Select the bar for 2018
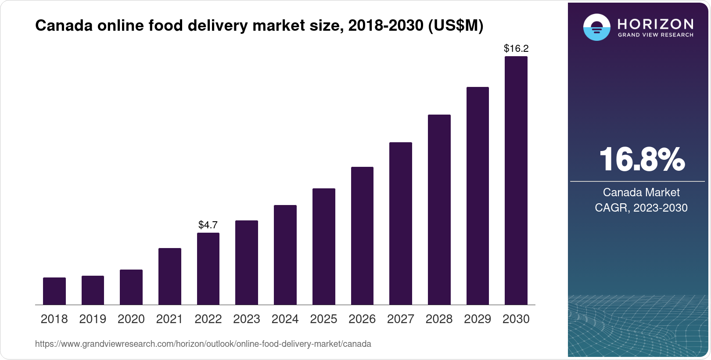click(54, 291)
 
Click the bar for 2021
click(170, 277)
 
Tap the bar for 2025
click(324, 247)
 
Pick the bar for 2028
click(439, 210)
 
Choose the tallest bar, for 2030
click(516, 180)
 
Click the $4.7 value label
click(208, 225)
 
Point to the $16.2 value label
click(516, 48)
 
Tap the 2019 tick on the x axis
click(93, 319)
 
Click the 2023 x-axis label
click(247, 319)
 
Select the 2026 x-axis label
click(362, 319)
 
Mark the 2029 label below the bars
click(478, 319)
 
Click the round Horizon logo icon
click(596, 27)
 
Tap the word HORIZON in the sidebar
click(655, 24)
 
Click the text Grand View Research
click(655, 35)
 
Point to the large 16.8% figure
click(642, 159)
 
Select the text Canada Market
click(641, 192)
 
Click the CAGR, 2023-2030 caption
click(641, 208)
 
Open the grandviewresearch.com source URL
click(203, 344)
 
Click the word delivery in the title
click(218, 26)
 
